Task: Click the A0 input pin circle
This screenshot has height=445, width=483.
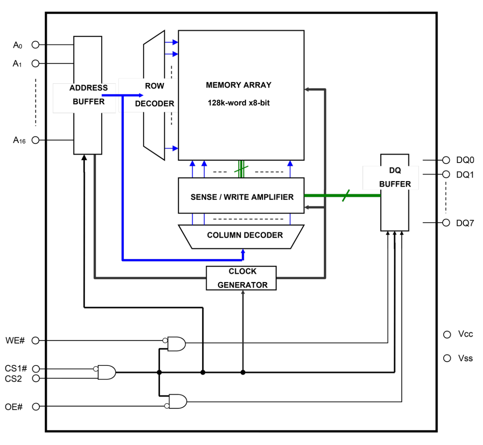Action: (x=35, y=45)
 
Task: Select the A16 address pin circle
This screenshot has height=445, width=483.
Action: (x=35, y=140)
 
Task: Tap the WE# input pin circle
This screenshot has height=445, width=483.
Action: (x=35, y=340)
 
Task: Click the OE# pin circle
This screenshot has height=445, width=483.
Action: (x=36, y=407)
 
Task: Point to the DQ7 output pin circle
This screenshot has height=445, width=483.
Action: (x=446, y=222)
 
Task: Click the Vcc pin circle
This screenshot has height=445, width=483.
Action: (x=447, y=334)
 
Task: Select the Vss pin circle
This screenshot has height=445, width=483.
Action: (x=447, y=358)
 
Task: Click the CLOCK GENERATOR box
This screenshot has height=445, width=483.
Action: (x=241, y=278)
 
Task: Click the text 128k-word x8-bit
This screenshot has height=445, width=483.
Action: (x=238, y=103)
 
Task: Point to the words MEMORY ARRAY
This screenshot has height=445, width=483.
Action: (x=238, y=85)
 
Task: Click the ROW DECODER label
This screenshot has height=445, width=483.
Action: (x=154, y=95)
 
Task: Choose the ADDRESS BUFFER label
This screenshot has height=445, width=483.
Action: (x=88, y=95)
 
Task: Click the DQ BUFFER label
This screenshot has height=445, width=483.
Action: (x=395, y=177)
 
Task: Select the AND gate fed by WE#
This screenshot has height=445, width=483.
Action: (x=177, y=344)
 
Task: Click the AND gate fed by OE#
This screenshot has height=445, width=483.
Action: (x=178, y=401)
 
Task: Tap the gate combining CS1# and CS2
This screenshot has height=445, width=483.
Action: (x=107, y=372)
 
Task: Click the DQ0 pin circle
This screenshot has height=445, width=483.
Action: (x=446, y=160)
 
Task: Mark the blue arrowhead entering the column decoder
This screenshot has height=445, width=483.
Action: (x=243, y=252)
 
